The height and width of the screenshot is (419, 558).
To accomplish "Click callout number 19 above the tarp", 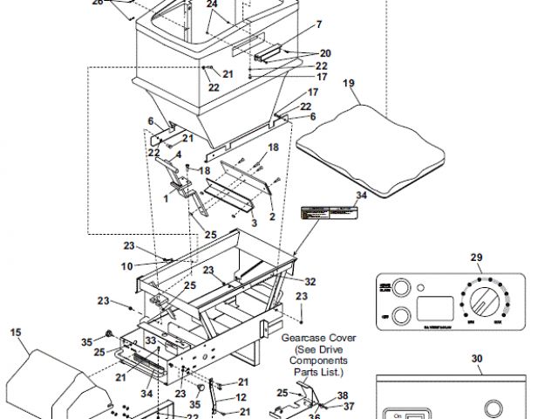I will pyautogui.click(x=349, y=85).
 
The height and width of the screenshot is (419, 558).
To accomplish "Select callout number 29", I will pyautogui.click(x=476, y=257).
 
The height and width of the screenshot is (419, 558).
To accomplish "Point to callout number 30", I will pyautogui.click(x=476, y=358).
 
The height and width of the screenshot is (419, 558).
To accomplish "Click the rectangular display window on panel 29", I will pyautogui.click(x=436, y=308).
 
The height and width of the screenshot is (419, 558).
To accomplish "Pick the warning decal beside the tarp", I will pyautogui.click(x=330, y=212).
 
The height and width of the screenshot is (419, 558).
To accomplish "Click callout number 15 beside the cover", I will pyautogui.click(x=15, y=332).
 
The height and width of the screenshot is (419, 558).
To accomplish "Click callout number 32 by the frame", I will pyautogui.click(x=310, y=281).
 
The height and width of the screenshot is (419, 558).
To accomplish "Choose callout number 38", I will pyautogui.click(x=343, y=395).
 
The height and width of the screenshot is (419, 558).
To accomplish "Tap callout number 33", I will pyautogui.click(x=150, y=340).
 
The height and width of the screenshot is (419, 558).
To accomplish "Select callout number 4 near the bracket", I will pyautogui.click(x=179, y=155).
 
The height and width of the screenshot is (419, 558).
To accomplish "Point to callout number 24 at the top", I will pyautogui.click(x=212, y=4).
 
